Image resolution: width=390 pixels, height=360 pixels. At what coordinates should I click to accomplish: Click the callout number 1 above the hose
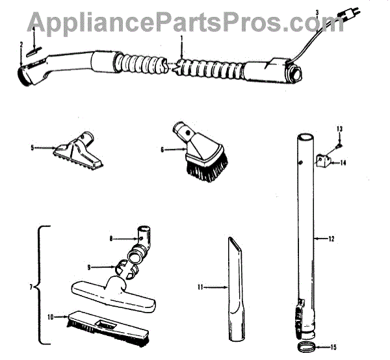[182, 39]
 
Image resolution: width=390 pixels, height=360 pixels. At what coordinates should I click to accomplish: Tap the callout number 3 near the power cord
[317, 12]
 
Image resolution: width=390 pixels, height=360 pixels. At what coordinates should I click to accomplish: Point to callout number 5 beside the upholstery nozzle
[32, 148]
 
